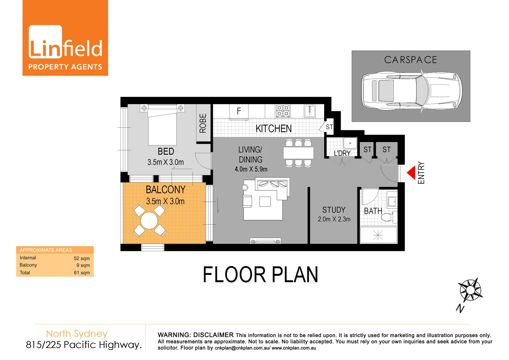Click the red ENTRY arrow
pos(411,173)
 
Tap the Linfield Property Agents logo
pos(65,38)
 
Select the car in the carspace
pos(412,90)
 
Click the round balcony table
pos(149,220)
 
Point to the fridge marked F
pos(239,111)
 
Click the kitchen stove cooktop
pos(283,111)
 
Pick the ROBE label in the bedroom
pos(203,123)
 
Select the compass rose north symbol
pos(470,290)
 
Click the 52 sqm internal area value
pos(82,258)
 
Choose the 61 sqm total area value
pos(82,273)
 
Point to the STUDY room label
pos(334,210)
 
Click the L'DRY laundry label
pos(342,153)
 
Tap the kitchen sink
pos(310,111)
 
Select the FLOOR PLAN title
pos(260,275)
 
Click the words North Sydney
pos(77,334)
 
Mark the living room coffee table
pos(265,202)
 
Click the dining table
pos(298,153)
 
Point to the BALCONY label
pos(166,190)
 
